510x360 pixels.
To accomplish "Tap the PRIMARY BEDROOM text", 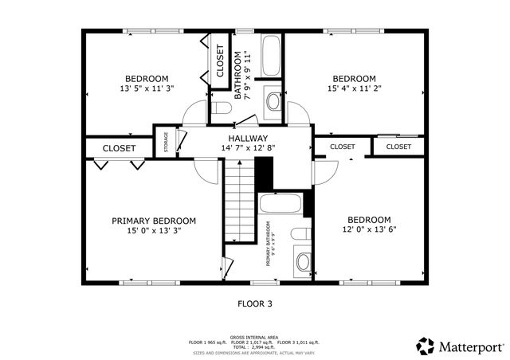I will (154, 221).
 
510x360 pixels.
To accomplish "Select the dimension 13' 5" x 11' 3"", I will (147, 88).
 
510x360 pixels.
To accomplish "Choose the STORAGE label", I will (166, 142).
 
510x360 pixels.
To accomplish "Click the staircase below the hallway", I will (238, 199).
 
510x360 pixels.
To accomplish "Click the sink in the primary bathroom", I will (303, 260).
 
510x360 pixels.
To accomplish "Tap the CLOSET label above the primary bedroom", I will (119, 148).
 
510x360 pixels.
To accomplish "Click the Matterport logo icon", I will (426, 346).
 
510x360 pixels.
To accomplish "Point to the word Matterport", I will (472, 346).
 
